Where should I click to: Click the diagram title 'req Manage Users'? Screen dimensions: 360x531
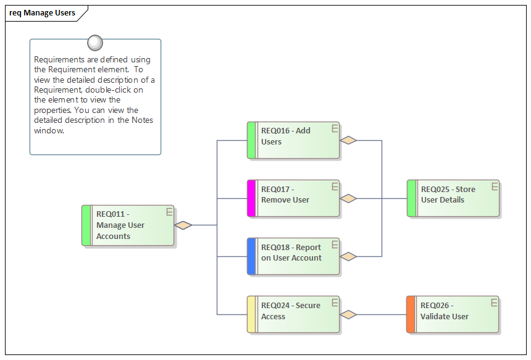(x=42, y=13)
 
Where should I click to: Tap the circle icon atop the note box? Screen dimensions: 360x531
(x=95, y=43)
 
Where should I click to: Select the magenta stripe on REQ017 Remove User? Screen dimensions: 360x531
(x=251, y=198)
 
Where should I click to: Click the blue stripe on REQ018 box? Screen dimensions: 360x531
(x=251, y=256)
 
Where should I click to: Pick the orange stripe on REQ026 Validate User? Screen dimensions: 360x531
(x=411, y=314)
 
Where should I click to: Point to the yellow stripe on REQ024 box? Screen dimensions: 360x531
(x=251, y=314)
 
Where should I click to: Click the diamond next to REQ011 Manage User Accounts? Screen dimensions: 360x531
(x=183, y=225)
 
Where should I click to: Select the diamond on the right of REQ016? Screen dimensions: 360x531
(x=349, y=140)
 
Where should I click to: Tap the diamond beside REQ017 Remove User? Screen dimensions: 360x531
(x=349, y=198)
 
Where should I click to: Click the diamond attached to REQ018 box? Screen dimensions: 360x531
(x=349, y=256)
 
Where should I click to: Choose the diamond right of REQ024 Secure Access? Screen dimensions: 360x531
(x=349, y=314)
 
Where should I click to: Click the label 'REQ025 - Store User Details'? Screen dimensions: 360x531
(x=448, y=195)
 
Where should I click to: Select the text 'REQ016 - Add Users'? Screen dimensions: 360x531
(x=285, y=136)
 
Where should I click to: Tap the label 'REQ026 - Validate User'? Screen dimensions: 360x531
(x=444, y=311)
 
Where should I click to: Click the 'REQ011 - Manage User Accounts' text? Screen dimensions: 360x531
(x=120, y=225)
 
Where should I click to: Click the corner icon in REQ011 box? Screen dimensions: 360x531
(x=169, y=212)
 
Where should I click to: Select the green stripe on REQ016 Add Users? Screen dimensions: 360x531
(x=251, y=140)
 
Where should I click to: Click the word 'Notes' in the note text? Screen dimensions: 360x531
(x=142, y=120)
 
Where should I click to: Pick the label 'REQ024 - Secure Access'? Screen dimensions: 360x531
(x=290, y=311)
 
